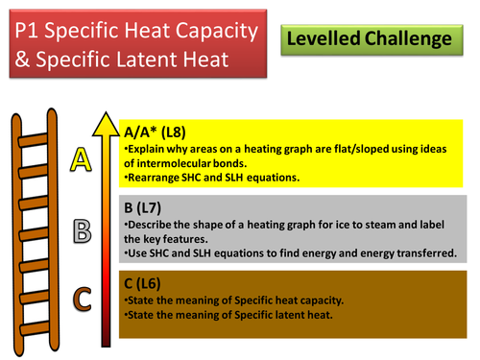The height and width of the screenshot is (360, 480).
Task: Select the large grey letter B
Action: coord(82,231)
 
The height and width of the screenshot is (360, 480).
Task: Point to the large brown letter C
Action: coord(82,300)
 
